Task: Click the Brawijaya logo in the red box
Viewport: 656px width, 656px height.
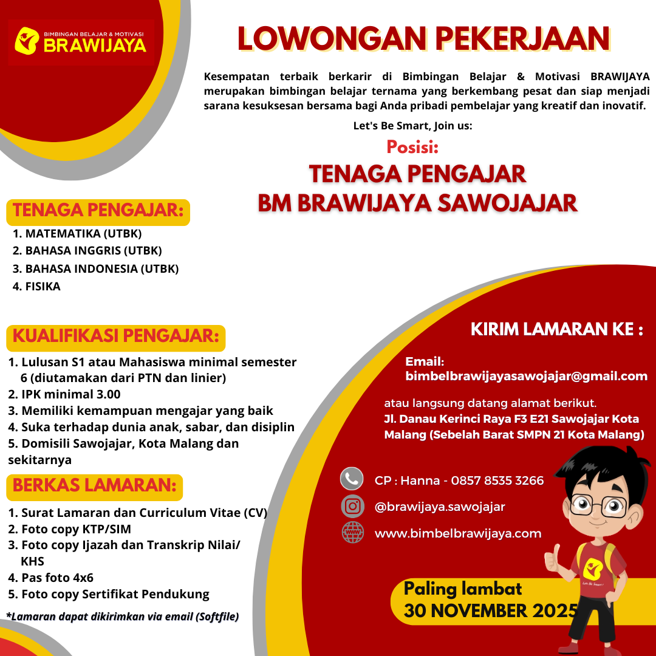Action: tap(81, 41)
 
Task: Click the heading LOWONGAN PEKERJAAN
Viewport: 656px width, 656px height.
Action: tap(424, 39)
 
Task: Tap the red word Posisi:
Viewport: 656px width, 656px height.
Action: tap(412, 147)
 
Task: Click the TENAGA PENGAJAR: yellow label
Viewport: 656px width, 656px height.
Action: tap(98, 211)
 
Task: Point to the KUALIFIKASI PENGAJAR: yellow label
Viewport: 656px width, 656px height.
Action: tap(115, 336)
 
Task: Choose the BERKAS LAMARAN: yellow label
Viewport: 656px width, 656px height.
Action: tap(94, 486)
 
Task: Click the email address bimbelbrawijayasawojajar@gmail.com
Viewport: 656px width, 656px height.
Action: tap(526, 377)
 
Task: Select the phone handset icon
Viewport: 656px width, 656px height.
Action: tap(352, 479)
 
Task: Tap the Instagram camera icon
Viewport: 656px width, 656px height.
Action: tap(352, 506)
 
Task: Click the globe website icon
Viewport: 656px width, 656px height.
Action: tap(352, 533)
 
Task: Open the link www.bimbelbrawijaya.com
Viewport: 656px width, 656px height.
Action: tap(458, 533)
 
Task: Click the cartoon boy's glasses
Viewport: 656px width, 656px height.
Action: tap(599, 504)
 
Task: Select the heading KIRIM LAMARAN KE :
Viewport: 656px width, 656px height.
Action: tap(556, 330)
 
